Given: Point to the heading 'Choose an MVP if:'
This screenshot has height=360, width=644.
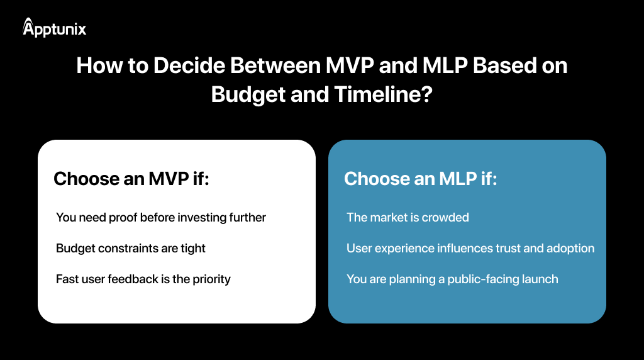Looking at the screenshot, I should point(131,179).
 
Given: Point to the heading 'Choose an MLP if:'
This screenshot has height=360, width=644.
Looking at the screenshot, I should point(421,179).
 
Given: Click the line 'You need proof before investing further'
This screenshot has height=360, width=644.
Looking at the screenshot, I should point(161,218).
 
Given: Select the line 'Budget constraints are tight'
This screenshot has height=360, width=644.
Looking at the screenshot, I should point(131,249).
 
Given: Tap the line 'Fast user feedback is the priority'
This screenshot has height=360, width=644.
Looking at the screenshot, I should point(143,279).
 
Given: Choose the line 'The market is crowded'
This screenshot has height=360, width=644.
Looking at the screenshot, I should point(408,218).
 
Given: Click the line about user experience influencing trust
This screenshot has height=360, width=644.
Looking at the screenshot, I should point(470,249).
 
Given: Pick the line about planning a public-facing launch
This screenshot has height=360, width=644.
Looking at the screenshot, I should point(452,279).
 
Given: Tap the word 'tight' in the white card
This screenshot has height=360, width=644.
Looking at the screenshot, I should point(192,249).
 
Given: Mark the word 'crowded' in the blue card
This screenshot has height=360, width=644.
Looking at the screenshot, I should point(446,218).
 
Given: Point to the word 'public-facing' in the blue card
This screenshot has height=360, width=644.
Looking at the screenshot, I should point(484,279).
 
